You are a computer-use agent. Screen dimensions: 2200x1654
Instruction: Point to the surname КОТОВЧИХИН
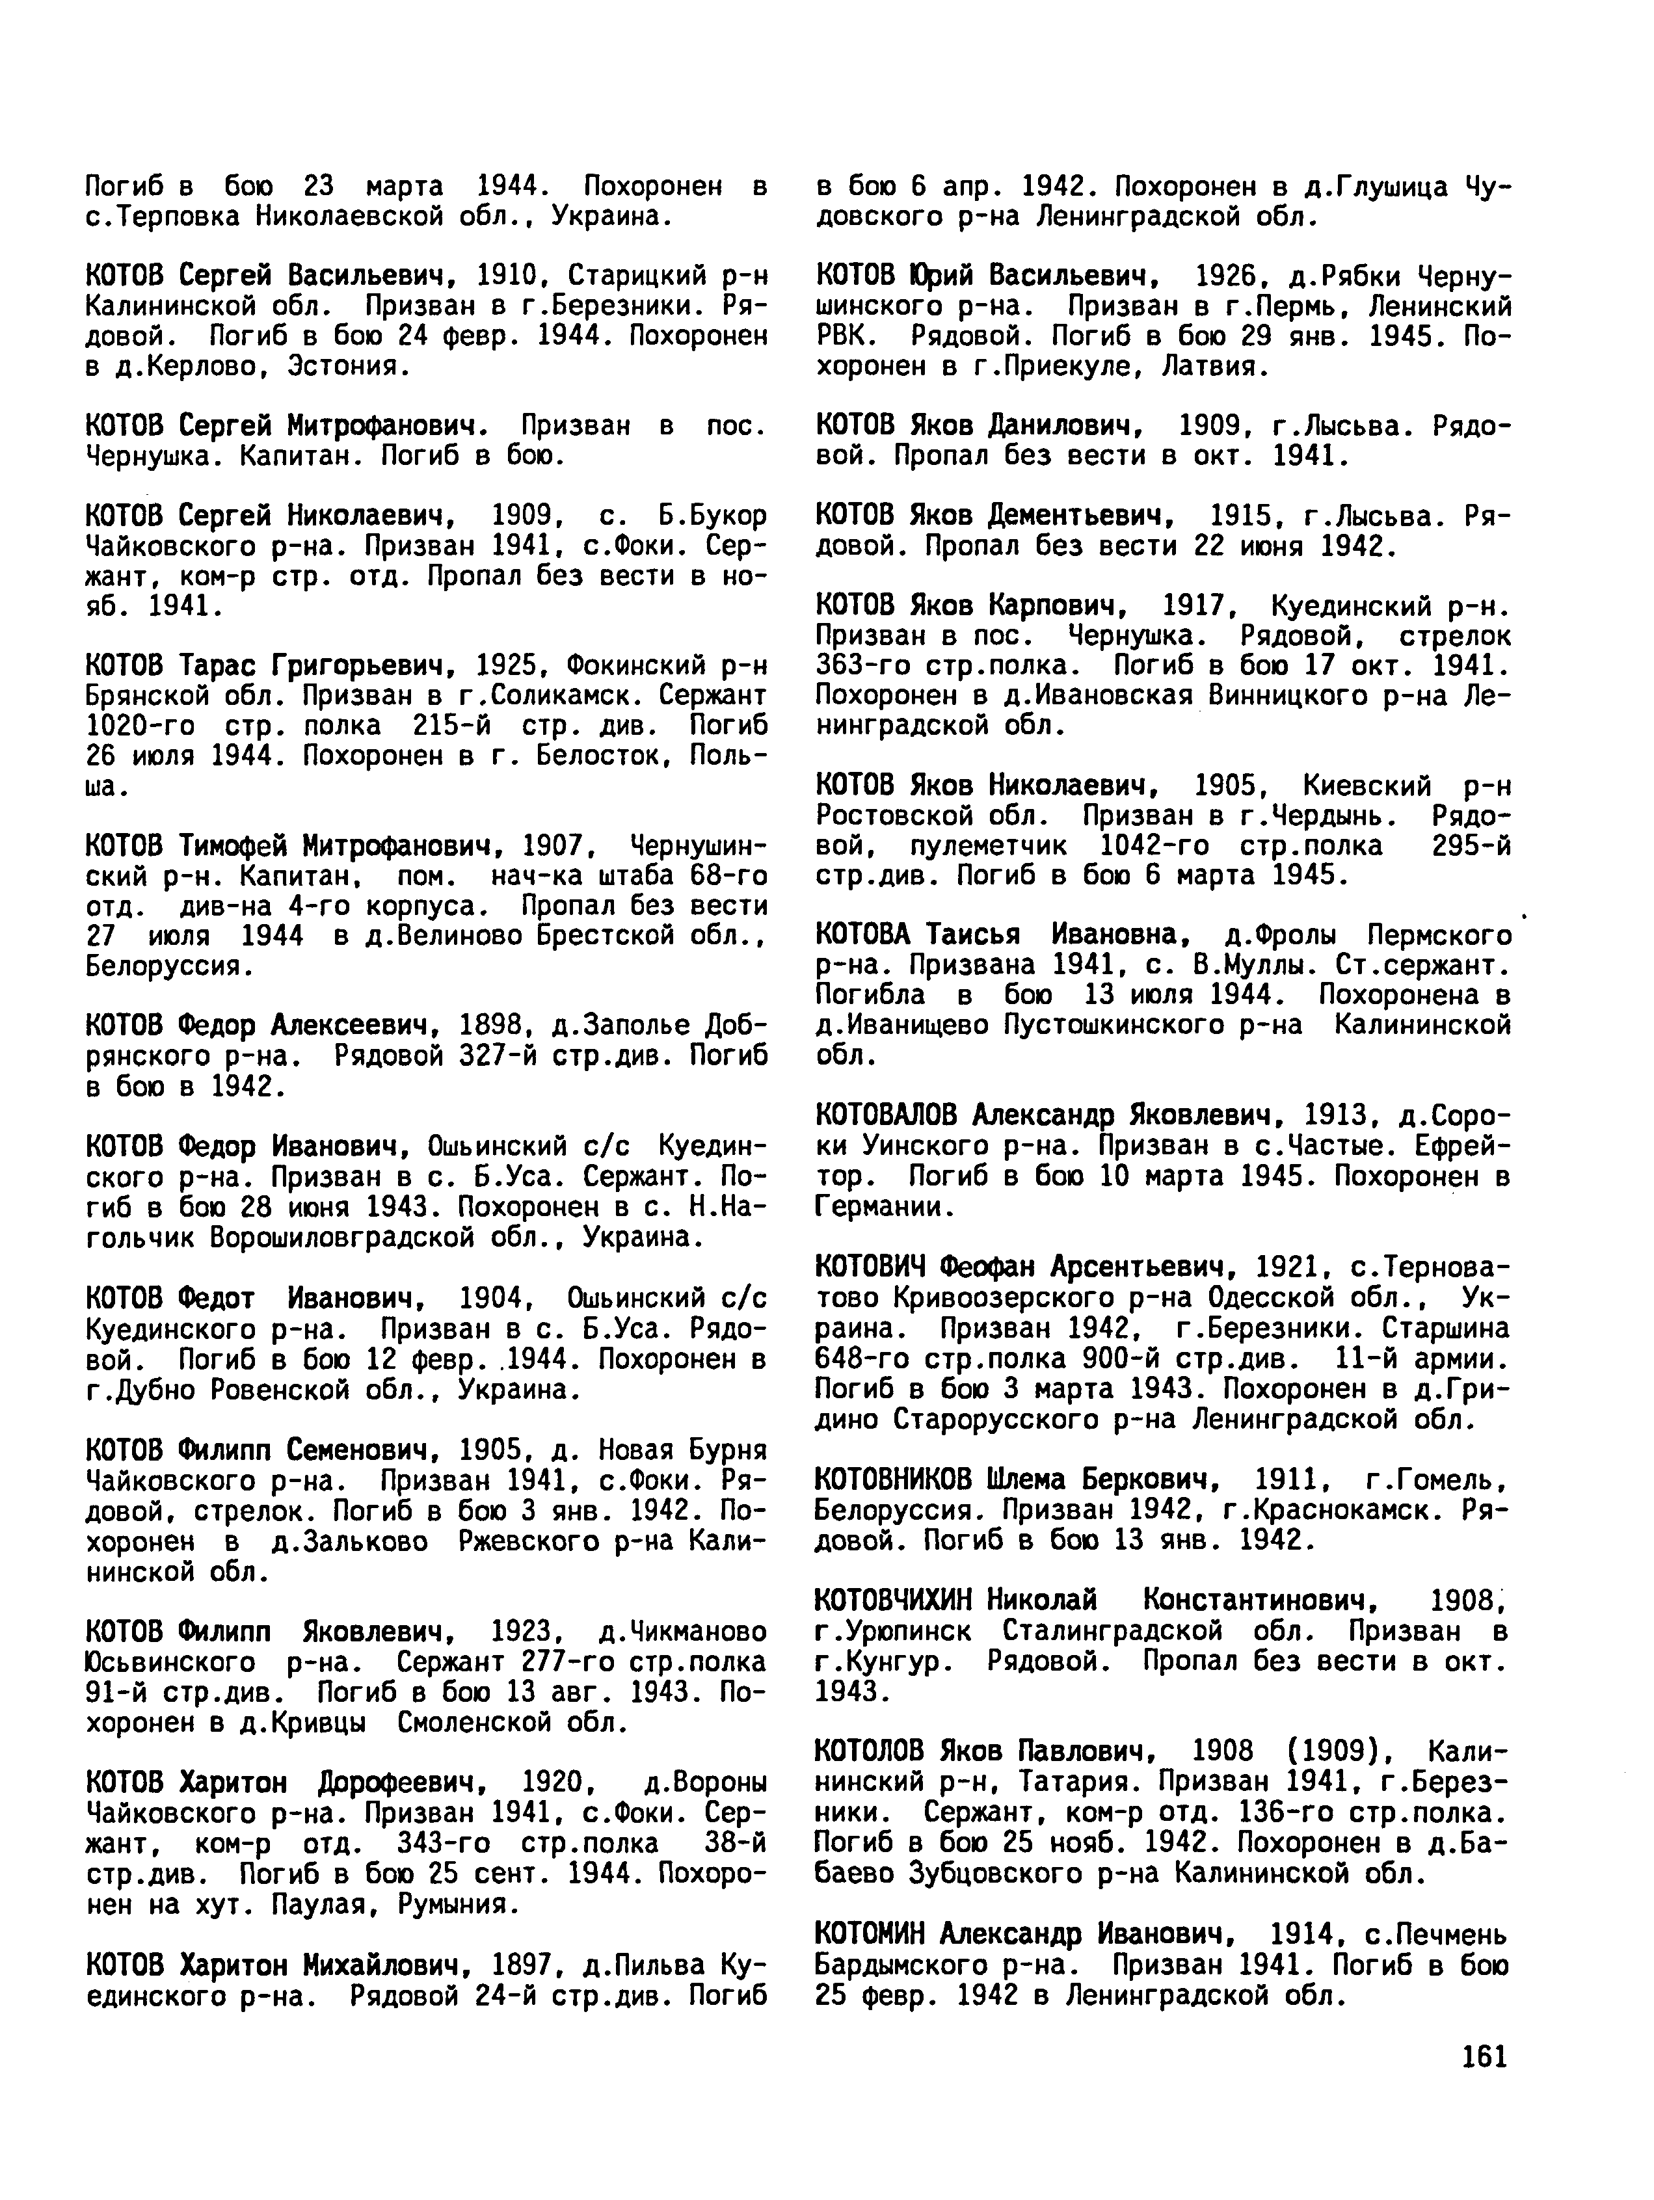coord(894,1600)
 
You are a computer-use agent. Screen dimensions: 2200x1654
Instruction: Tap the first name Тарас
coord(216,665)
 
